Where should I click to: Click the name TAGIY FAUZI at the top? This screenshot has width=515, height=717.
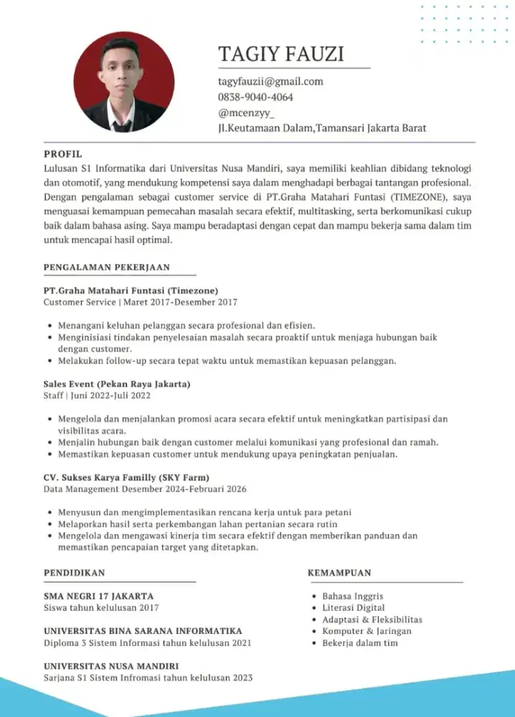pos(280,54)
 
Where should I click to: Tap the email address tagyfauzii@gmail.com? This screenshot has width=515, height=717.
pos(270,82)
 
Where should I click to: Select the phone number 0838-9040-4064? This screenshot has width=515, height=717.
pos(255,97)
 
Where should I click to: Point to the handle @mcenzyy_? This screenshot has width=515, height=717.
pos(246,113)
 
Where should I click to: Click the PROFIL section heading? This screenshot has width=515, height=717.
pos(63,154)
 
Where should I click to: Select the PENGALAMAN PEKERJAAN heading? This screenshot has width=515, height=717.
pos(106,267)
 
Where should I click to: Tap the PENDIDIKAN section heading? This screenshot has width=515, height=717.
pos(74,573)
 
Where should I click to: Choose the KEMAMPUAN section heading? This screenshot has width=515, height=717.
pos(339,573)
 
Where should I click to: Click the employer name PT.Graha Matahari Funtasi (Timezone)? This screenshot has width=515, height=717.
pos(131,290)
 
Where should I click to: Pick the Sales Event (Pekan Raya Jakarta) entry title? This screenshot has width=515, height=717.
pos(116,384)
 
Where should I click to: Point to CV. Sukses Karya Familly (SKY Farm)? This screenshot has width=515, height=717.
pos(126,478)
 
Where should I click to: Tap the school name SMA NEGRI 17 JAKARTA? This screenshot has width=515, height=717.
pos(98,596)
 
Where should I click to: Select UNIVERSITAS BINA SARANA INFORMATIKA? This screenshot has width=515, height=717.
pos(143,630)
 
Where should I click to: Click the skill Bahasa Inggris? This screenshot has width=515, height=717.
pos(353,596)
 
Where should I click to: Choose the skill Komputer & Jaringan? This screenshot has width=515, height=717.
pos(367,631)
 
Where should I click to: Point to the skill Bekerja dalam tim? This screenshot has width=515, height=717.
pos(360,642)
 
